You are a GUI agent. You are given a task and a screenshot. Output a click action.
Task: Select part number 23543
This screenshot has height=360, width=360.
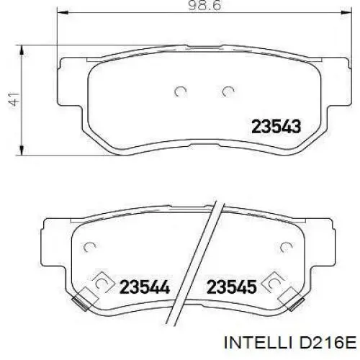(x=276, y=127)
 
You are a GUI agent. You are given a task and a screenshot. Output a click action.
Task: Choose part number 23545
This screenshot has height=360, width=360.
(x=232, y=287)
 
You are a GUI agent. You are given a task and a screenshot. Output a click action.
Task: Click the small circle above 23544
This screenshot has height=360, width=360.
(x=91, y=248)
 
